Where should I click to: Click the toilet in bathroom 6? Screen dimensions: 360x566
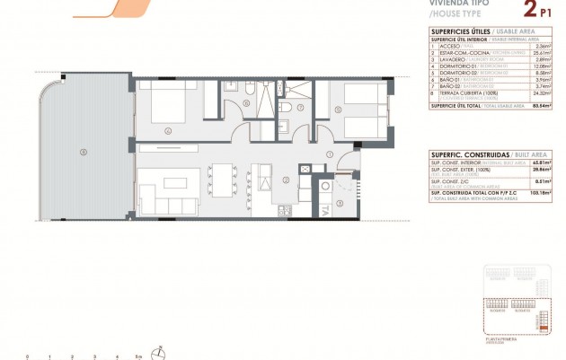(x=230, y=88)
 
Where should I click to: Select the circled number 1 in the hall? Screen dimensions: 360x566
(x=331, y=154)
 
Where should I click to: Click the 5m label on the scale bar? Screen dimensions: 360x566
(x=137, y=356)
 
